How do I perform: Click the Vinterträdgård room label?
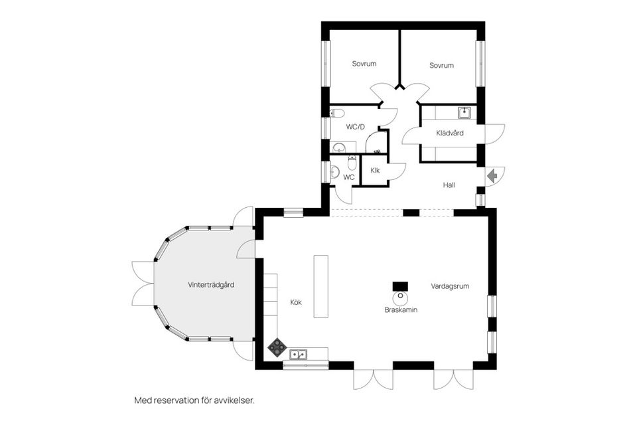210,285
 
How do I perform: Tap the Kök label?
296,302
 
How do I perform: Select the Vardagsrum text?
450,286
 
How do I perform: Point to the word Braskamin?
401,310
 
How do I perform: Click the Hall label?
449,185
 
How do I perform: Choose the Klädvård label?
449,133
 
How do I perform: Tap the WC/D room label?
356,126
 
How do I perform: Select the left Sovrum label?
364,64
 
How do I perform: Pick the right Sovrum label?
441,65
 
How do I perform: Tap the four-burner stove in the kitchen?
277,347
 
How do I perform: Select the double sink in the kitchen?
298,355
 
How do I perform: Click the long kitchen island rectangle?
321,287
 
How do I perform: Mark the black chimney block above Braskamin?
400,286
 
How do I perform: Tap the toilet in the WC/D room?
336,113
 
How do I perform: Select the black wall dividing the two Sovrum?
399,56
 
